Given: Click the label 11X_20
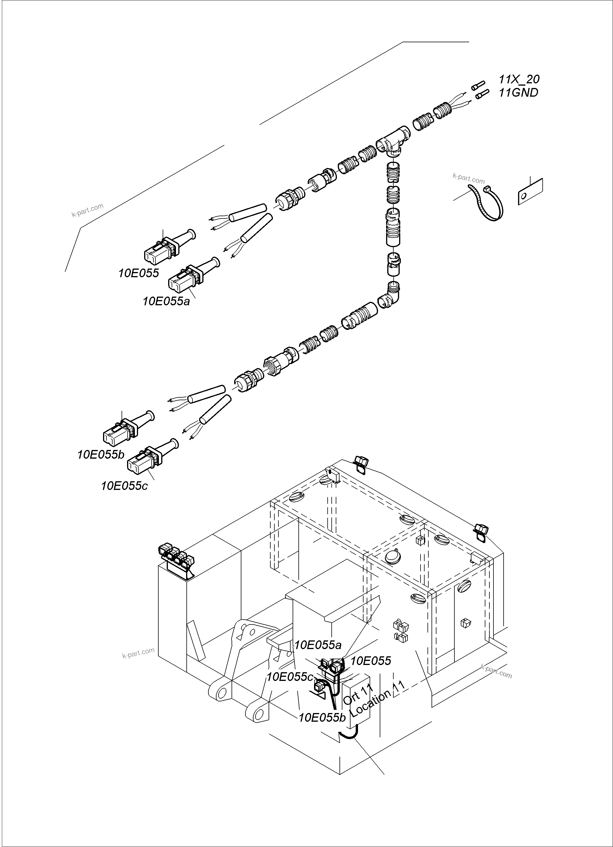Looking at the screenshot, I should click(519, 79).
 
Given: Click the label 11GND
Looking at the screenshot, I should click(518, 93).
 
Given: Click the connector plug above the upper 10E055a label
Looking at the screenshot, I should click(185, 280).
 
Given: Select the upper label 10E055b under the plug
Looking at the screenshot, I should click(100, 455).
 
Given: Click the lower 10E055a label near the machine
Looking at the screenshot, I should click(317, 645).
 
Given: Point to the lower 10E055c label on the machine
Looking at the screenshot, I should click(289, 677).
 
